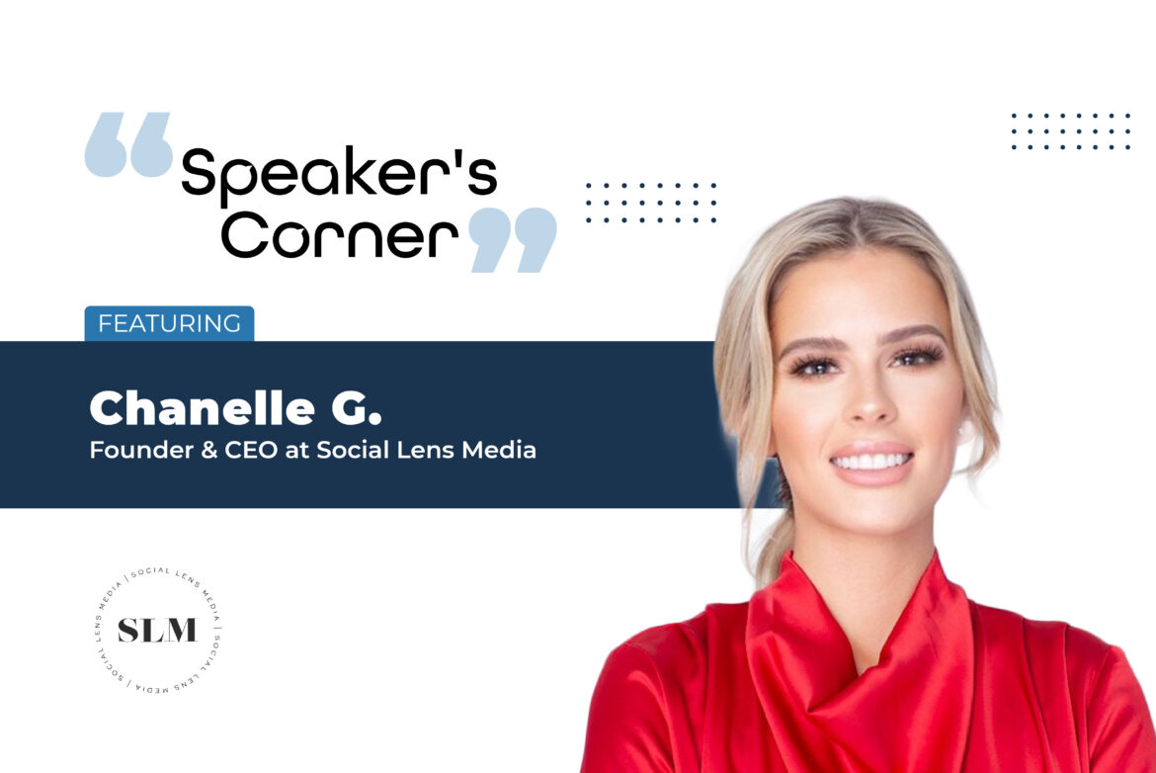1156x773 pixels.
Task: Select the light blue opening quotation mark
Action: click(128, 145)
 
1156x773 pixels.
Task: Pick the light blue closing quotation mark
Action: click(512, 240)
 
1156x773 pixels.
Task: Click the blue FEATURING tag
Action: click(169, 323)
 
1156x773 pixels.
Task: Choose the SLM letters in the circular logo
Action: click(157, 631)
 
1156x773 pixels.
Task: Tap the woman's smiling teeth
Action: click(870, 461)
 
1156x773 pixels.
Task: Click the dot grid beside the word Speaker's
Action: click(651, 203)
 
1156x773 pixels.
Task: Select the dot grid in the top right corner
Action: click(1070, 131)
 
